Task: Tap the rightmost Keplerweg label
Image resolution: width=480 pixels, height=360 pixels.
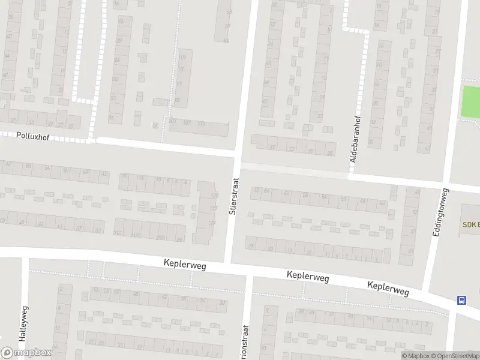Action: click(389, 289)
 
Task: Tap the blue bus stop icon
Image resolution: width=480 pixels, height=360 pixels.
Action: click(461, 300)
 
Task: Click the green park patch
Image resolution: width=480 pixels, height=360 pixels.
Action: click(470, 102)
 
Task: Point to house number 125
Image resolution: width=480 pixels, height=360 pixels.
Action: click(214, 196)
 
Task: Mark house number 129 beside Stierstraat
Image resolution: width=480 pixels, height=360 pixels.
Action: click(211, 223)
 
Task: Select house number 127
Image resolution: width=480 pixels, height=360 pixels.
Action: click(212, 209)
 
